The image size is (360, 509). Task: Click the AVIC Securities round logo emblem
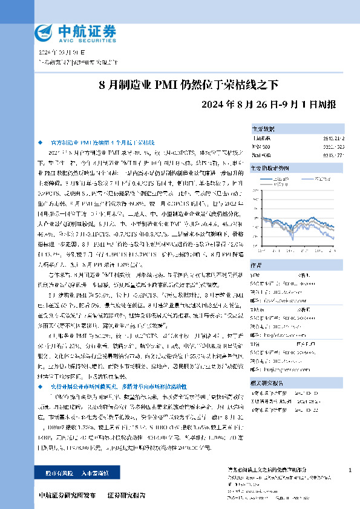(45, 31)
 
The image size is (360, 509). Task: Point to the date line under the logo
(61, 53)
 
